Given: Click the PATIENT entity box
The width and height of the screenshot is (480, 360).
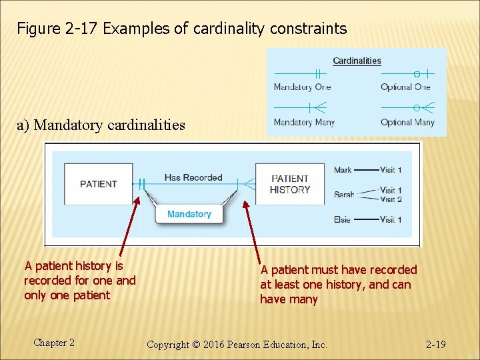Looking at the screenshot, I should click(99, 184).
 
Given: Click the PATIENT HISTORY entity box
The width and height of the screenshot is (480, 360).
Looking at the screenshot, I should click(290, 184).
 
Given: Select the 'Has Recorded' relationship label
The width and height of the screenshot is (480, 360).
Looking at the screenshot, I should click(193, 177).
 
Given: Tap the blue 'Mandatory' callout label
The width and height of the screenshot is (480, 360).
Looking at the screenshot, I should click(189, 214).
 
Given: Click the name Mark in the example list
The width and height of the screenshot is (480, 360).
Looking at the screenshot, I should click(343, 170).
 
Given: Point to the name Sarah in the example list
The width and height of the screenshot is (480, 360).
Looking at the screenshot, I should click(344, 195).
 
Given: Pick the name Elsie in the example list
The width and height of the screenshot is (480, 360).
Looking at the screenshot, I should click(343, 219).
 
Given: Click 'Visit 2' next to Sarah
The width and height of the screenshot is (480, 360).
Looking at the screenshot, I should click(391, 199).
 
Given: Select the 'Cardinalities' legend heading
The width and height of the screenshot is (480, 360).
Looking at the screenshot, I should click(357, 61).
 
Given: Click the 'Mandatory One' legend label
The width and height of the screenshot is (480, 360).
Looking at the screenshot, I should click(302, 87).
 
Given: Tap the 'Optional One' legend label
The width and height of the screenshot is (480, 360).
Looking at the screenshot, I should click(405, 87).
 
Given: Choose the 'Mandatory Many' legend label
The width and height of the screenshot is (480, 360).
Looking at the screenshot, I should click(304, 122).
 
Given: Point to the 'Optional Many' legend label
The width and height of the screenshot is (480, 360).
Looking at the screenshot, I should click(407, 122).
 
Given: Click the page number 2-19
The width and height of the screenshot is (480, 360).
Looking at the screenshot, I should click(435, 344).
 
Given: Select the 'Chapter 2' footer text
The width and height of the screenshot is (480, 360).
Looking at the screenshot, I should click(54, 343).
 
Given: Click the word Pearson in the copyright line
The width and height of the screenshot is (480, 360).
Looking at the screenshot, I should click(248, 345).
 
